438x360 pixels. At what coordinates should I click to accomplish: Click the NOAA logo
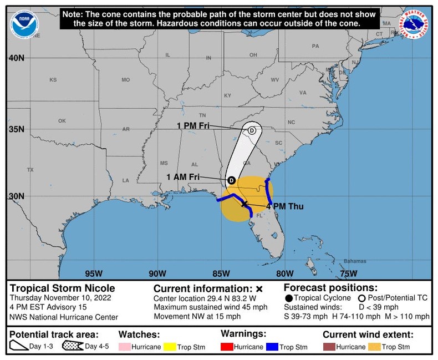click(x=24, y=23)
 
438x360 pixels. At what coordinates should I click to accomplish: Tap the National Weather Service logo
click(x=415, y=24)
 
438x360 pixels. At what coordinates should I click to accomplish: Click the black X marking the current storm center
click(x=245, y=204)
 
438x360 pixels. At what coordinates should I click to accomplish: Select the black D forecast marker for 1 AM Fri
click(x=231, y=180)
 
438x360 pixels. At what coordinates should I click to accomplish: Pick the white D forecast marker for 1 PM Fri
click(x=252, y=130)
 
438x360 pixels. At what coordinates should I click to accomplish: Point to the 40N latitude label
click(x=16, y=58)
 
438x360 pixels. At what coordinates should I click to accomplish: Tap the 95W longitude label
click(x=94, y=273)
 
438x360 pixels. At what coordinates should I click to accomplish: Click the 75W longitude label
click(x=348, y=273)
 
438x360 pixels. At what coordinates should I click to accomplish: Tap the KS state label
click(x=53, y=80)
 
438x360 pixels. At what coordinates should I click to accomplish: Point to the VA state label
click(x=302, y=93)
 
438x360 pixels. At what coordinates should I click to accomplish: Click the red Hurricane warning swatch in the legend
click(x=228, y=347)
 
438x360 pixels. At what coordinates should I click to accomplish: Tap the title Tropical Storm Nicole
click(x=63, y=288)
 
